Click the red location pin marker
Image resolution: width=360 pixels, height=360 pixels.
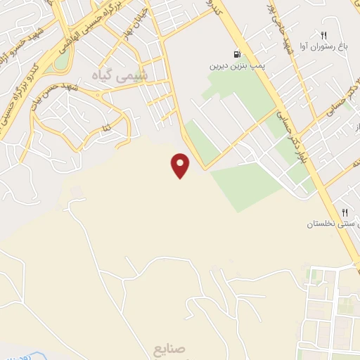click(181, 165)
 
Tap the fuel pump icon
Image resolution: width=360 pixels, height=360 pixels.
click(237, 54)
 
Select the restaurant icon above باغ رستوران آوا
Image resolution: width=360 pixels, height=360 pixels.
click(323, 34)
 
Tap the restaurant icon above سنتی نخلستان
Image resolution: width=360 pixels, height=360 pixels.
click(345, 212)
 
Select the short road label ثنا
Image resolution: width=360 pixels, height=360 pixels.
click(106, 129)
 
